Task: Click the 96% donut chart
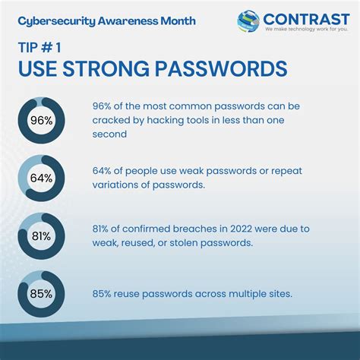[x=42, y=120]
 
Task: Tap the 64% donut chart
[x=42, y=178]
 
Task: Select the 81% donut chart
[x=42, y=235]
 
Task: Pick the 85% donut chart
[x=42, y=292]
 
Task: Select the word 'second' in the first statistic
[x=110, y=134]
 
